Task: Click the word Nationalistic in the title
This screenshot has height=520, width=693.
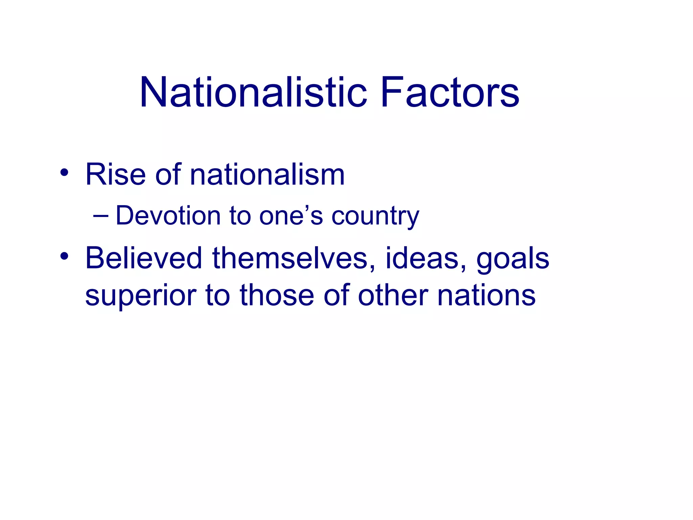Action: click(253, 92)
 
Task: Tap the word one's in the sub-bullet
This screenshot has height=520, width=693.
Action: click(291, 216)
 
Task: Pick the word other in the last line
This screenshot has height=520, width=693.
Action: click(393, 295)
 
